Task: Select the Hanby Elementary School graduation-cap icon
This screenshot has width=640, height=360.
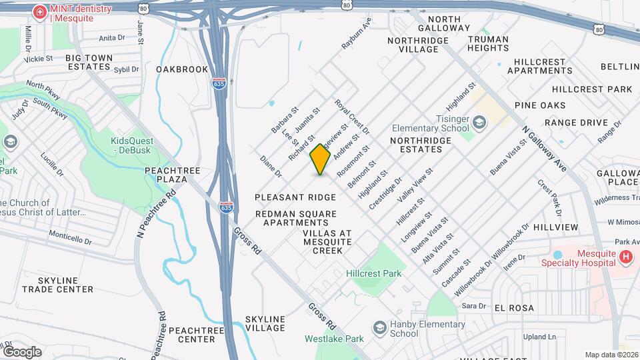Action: point(379,327)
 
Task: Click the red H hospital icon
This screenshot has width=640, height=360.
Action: point(625,257)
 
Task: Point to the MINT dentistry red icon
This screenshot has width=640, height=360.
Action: point(40,12)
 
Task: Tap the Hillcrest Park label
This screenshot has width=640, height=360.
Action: point(373,273)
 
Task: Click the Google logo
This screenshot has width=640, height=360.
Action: point(22,351)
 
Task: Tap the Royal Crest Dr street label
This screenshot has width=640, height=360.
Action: point(352,116)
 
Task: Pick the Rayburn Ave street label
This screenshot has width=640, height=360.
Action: point(357,33)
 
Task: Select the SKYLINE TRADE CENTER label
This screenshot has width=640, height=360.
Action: point(57,285)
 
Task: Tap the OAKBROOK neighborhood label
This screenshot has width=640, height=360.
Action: point(182,69)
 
